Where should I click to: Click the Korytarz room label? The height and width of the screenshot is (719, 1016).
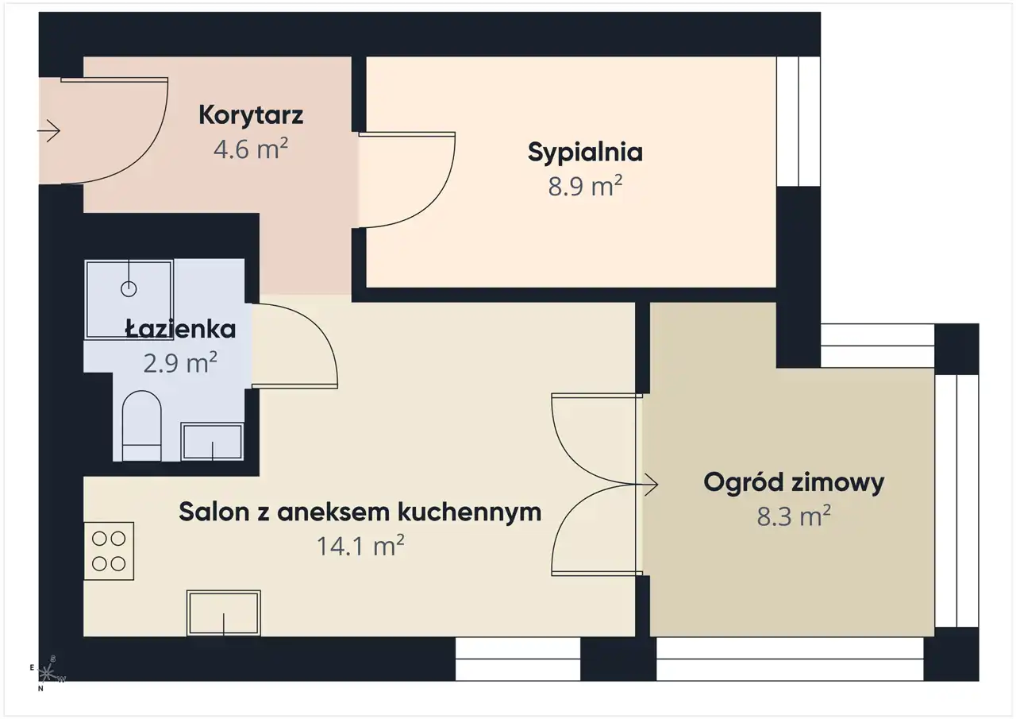pyautogui.click(x=251, y=115)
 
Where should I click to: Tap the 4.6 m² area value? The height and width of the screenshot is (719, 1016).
pyautogui.click(x=251, y=149)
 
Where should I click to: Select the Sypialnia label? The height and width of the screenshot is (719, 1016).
pyautogui.click(x=585, y=153)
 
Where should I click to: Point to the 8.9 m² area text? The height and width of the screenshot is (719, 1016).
pyautogui.click(x=585, y=186)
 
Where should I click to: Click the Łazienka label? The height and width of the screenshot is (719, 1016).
pyautogui.click(x=180, y=329)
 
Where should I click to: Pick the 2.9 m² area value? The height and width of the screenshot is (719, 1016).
pyautogui.click(x=180, y=362)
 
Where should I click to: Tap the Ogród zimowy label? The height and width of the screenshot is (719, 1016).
pyautogui.click(x=794, y=483)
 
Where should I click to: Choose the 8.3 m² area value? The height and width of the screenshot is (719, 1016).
pyautogui.click(x=794, y=516)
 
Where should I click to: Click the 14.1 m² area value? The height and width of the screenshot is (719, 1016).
pyautogui.click(x=360, y=545)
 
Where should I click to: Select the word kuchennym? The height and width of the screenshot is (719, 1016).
pyautogui.click(x=469, y=512)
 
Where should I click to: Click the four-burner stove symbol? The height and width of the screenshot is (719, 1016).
pyautogui.click(x=109, y=551)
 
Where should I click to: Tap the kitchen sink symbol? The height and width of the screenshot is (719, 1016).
pyautogui.click(x=224, y=613)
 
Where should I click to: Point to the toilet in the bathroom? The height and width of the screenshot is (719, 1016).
pyautogui.click(x=141, y=426)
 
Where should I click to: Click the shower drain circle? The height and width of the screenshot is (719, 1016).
pyautogui.click(x=129, y=288)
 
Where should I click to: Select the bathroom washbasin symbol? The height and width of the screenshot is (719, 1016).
pyautogui.click(x=212, y=442)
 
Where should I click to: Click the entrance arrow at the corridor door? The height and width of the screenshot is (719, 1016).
pyautogui.click(x=48, y=132)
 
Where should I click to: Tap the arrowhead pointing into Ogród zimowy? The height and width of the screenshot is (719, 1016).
pyautogui.click(x=652, y=485)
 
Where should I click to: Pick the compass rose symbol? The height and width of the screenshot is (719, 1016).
pyautogui.click(x=47, y=673)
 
